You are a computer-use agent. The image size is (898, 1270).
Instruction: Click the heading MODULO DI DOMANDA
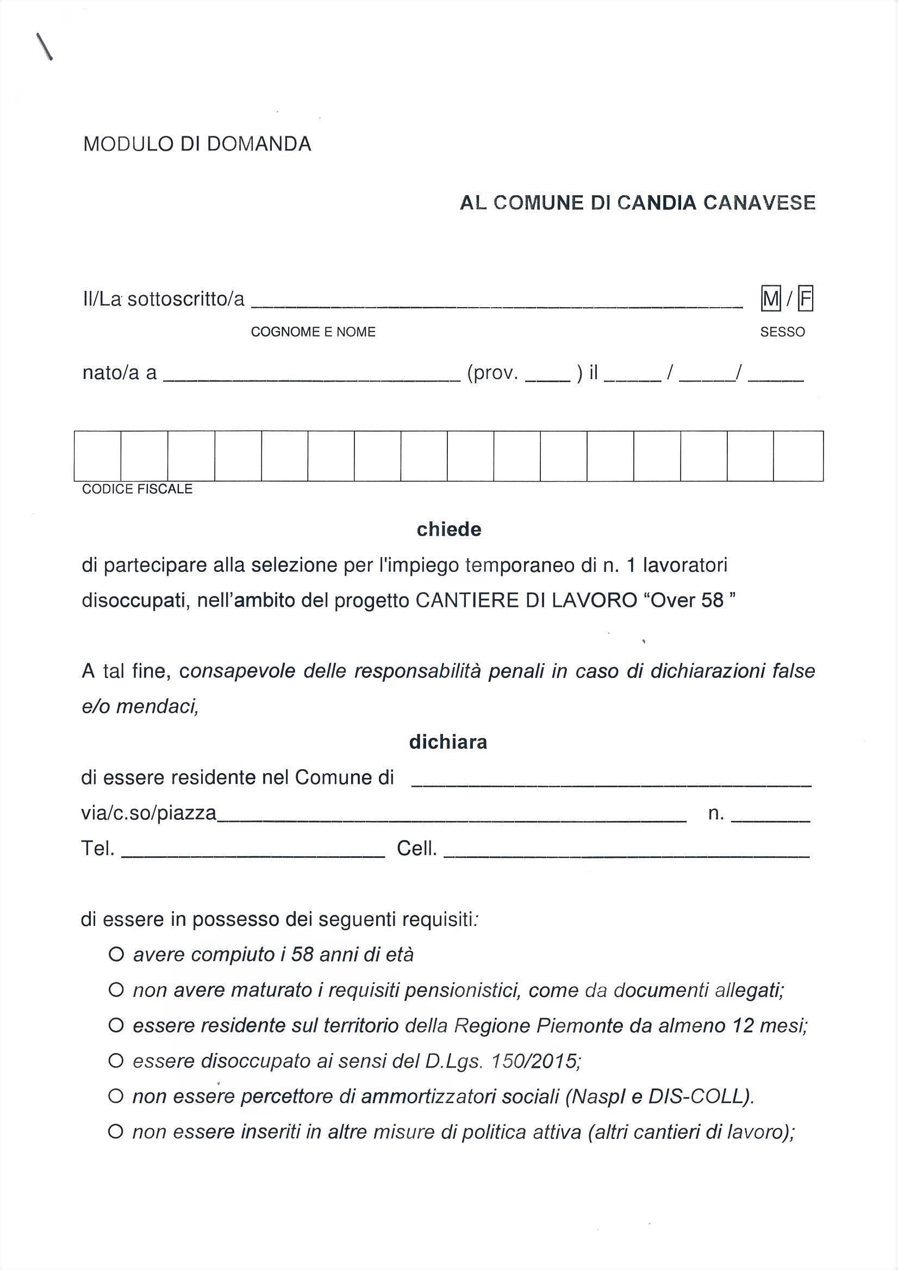(x=197, y=145)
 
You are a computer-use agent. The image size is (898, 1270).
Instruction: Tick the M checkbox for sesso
(x=771, y=299)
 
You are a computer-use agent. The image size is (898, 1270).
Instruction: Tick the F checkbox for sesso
(x=806, y=299)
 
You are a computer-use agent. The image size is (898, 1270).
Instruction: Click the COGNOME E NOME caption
(x=313, y=332)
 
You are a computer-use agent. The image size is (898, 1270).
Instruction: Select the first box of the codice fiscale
(x=97, y=456)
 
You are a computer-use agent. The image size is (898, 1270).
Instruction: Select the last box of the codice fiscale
(x=798, y=456)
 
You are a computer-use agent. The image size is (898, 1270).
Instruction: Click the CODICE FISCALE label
(x=137, y=489)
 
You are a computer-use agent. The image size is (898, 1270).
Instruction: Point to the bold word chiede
(x=448, y=530)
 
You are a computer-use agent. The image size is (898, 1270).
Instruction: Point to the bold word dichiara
(x=448, y=742)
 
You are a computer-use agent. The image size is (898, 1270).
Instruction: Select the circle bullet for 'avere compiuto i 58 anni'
(x=116, y=954)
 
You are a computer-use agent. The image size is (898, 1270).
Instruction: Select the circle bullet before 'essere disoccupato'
(x=116, y=1061)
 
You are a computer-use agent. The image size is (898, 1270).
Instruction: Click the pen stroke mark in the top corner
(x=44, y=46)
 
